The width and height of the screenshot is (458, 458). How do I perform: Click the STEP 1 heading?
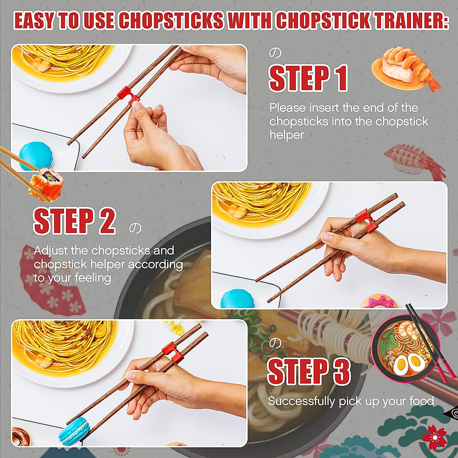(308, 78)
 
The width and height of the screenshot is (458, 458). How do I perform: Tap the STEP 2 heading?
(74, 221)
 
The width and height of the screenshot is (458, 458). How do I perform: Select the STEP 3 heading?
(309, 371)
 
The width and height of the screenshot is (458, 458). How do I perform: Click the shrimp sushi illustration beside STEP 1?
(405, 69)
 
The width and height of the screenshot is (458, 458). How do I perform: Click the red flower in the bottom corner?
(434, 437)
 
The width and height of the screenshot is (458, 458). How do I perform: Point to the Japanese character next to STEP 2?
(135, 228)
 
